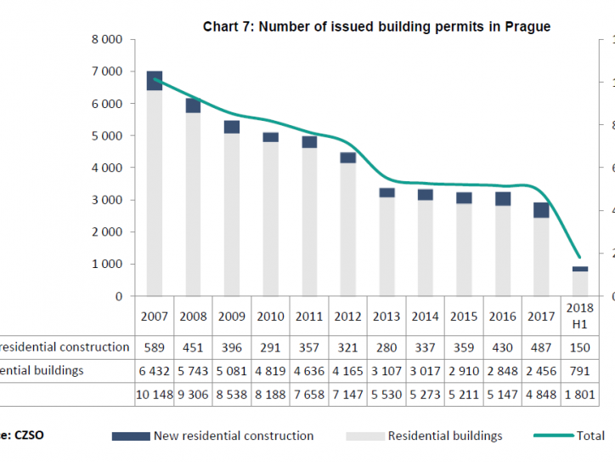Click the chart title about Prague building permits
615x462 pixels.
[x=376, y=26]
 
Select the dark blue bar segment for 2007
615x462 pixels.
[x=155, y=81]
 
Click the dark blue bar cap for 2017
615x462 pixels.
[x=541, y=210]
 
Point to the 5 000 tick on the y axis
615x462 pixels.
[x=107, y=136]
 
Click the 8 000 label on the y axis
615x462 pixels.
[x=107, y=40]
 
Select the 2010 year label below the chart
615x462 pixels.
[x=270, y=317]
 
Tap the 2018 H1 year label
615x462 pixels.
[x=579, y=317]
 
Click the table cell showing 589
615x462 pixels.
[x=154, y=347]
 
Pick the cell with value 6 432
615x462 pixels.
[x=154, y=371]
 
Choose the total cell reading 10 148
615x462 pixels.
[x=154, y=395]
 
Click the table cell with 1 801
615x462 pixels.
[x=579, y=395]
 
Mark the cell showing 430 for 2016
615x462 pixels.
[x=503, y=347]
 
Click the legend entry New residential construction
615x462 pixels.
[x=212, y=436]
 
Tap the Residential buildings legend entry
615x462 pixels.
[x=425, y=436]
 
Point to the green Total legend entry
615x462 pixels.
[x=569, y=436]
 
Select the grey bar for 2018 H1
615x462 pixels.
[x=579, y=284]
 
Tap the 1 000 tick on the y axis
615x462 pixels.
[x=107, y=265]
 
